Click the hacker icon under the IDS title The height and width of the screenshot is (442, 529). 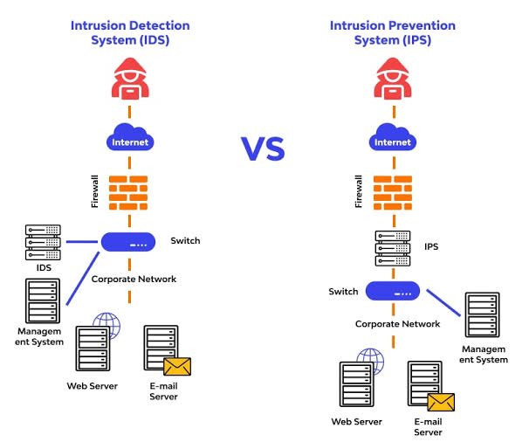pos(130,79)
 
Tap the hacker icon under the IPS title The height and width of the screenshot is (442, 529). pos(393,79)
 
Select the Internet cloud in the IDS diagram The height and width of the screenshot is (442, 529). pos(130,137)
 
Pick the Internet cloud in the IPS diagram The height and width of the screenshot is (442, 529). pos(393,137)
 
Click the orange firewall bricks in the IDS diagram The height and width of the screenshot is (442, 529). pos(128,193)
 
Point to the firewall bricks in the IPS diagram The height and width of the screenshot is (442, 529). pos(393,193)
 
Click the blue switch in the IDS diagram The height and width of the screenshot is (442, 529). pos(128,242)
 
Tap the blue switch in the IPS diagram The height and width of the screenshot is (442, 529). pos(393,291)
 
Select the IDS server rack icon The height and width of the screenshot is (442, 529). pos(43,243)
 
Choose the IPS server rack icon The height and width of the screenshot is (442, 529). pos(393,248)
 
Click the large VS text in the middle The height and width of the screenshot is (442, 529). pos(263,148)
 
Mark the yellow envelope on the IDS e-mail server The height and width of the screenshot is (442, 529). pos(177,367)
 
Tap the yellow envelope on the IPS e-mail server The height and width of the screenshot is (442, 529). pos(441,402)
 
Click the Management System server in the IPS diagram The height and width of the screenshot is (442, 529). pos(483,315)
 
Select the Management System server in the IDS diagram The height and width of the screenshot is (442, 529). pos(43,300)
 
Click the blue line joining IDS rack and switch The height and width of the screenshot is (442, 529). pos(82,242)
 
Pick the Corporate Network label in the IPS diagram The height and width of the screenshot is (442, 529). pos(397,324)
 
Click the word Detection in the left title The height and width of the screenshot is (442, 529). pos(160,25)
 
